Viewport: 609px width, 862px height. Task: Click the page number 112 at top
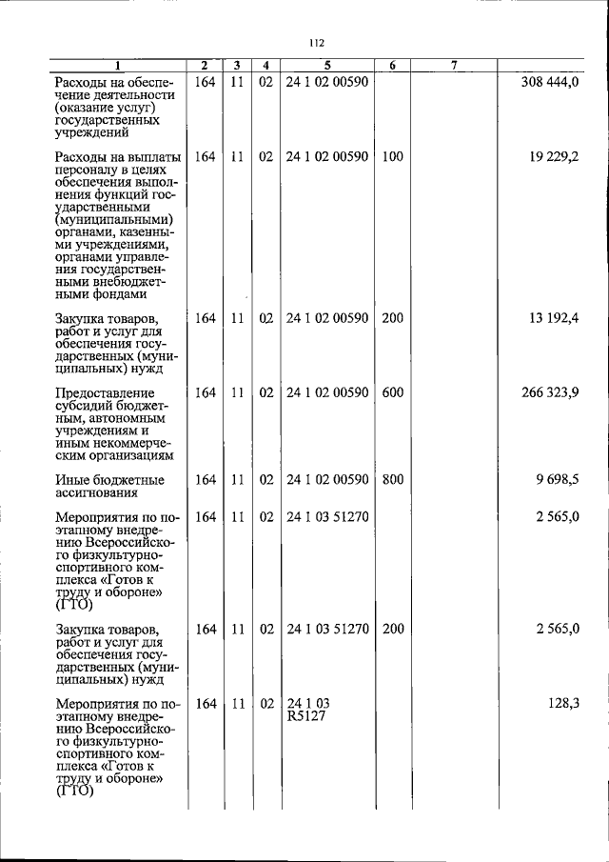(317, 42)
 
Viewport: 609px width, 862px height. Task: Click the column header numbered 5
(326, 66)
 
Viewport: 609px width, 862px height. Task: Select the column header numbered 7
(455, 66)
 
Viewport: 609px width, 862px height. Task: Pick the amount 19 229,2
(556, 156)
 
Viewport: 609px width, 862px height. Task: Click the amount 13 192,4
(556, 318)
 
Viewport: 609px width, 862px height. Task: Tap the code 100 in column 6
(392, 156)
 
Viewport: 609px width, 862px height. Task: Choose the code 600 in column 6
(392, 392)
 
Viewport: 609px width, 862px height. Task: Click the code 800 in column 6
(392, 480)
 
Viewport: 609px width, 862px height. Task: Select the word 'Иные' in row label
(72, 480)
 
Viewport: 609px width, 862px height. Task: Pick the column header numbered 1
(118, 66)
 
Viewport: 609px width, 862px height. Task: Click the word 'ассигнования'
(96, 493)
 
